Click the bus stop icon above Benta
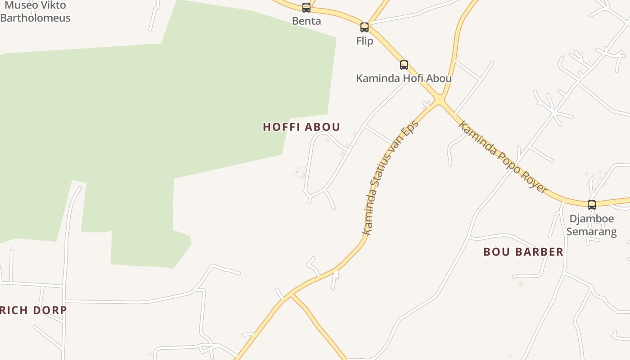306,7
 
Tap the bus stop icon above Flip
364,27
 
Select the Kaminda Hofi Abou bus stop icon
404,65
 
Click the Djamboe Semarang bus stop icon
592,205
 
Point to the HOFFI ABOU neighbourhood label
301,127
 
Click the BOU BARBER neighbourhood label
523,252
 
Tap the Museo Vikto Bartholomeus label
36,12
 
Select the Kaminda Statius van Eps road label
391,177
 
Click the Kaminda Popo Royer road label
503,157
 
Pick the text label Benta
306,21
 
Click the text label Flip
364,41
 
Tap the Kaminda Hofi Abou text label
404,78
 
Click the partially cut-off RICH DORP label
33,310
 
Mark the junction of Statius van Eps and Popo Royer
440,100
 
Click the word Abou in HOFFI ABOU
323,127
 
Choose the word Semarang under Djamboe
591,232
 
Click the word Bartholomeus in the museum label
36,18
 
